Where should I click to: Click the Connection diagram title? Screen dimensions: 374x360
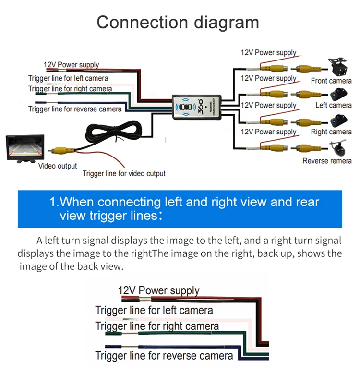178,23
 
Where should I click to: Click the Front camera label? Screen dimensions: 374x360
331,81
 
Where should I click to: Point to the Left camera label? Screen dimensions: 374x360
334,105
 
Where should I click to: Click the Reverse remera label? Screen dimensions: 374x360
327,161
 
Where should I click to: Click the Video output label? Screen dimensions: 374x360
58,166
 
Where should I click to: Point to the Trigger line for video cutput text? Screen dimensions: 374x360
124,173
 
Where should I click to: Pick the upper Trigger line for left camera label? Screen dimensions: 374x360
68,78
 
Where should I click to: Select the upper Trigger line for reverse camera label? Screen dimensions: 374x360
75,109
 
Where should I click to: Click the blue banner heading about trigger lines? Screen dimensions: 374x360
180,208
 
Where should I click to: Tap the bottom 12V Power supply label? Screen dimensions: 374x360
158,290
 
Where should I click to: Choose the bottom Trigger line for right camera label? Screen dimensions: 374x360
157,326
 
